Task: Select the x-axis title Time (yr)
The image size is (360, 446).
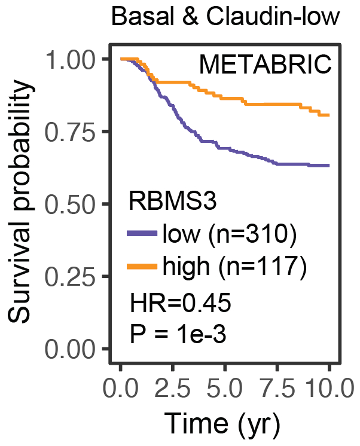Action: (x=225, y=424)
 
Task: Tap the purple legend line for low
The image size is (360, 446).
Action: (x=143, y=235)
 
